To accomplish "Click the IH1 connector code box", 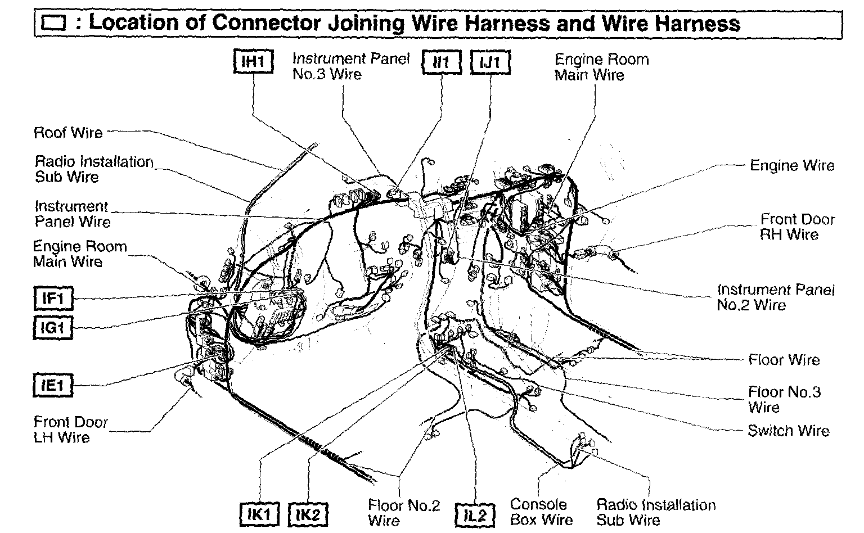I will click(253, 62).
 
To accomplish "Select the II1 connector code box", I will click(442, 62).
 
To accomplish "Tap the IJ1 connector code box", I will click(490, 62).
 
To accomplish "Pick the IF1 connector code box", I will click(53, 299).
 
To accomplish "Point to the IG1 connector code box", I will click(53, 327).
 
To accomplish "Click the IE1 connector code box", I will click(53, 385).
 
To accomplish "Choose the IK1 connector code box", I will click(260, 514).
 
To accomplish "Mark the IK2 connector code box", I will click(308, 514).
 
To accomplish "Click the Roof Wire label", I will click(69, 133).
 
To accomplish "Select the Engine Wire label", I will click(792, 165).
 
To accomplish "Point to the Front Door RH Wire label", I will click(798, 227).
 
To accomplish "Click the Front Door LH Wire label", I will click(70, 430).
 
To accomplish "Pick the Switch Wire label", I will click(789, 431).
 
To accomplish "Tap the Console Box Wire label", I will click(541, 512).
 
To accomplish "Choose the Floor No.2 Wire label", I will click(404, 513).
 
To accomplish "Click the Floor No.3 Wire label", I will click(784, 399).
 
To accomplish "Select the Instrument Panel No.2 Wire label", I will click(776, 297).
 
